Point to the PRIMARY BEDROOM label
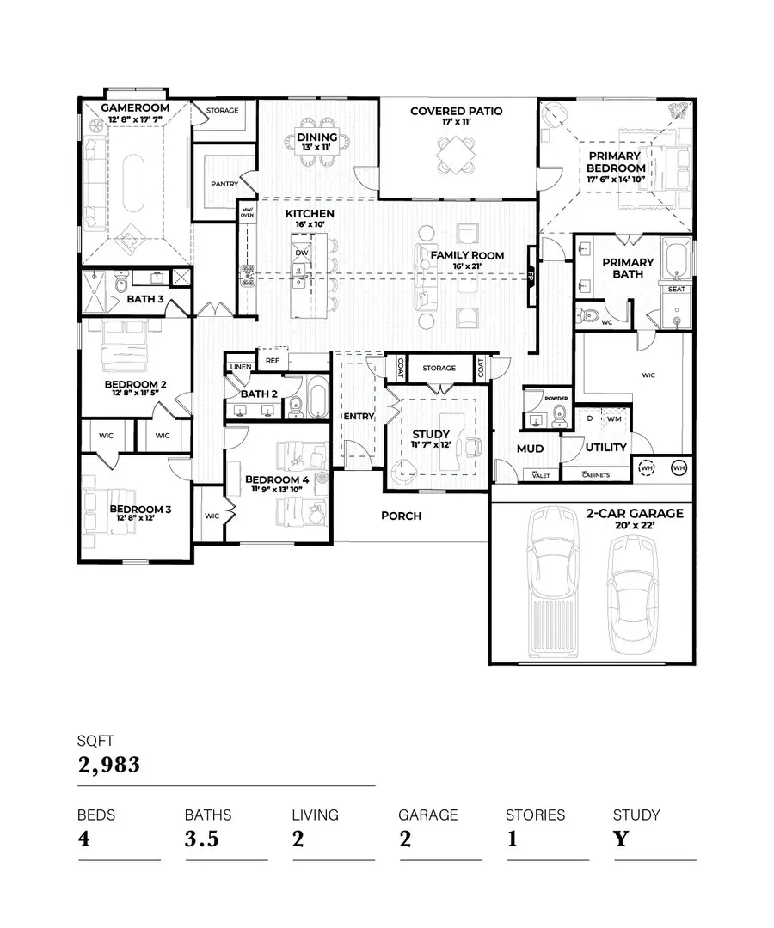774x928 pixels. [615, 162]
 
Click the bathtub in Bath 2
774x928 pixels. [316, 398]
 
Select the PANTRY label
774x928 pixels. [224, 184]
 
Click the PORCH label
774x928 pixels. [401, 516]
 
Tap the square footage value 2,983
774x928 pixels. [108, 765]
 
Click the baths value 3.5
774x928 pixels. [203, 839]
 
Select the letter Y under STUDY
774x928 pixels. [620, 839]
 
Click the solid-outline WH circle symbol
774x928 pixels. [679, 468]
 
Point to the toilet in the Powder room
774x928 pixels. [559, 415]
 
